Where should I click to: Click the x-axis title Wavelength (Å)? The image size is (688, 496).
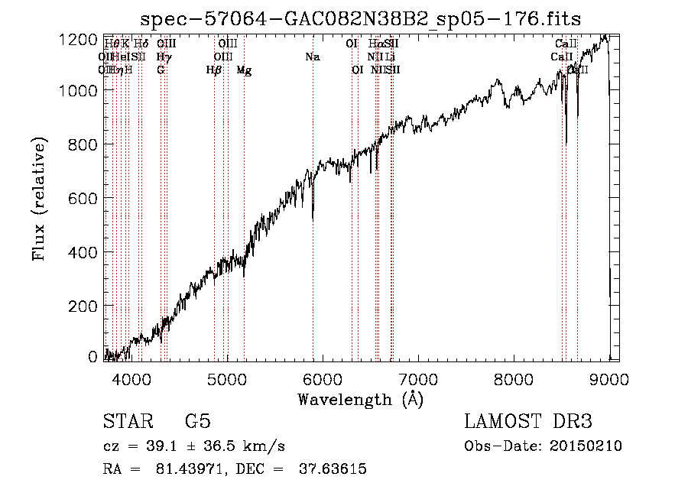360,399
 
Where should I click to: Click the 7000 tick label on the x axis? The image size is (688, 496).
418,378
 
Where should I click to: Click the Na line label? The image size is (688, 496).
312,57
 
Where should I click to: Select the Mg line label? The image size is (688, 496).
244,70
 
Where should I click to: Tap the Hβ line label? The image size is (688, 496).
214,70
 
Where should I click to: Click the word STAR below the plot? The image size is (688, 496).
125,422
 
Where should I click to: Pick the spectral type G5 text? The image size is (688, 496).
197,422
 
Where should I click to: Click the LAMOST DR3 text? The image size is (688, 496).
528,422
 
